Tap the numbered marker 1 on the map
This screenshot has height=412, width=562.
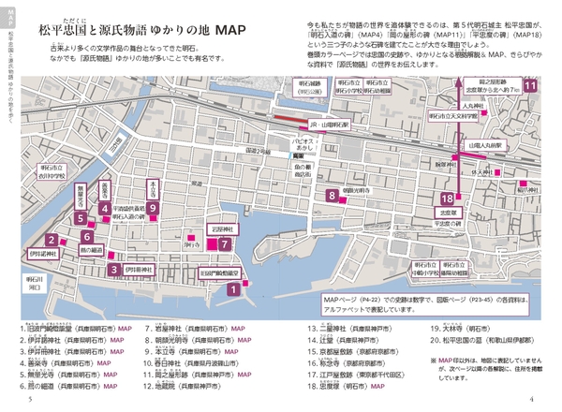(x=231, y=290)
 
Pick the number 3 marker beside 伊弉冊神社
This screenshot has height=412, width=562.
(x=113, y=270)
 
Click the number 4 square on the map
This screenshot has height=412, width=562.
(x=108, y=209)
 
